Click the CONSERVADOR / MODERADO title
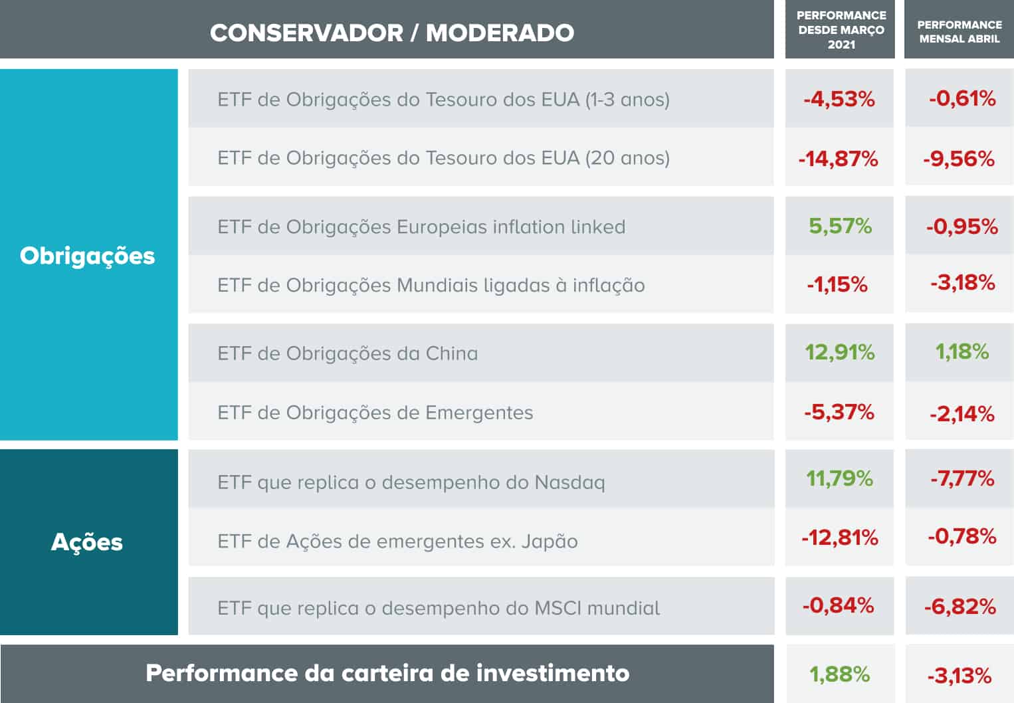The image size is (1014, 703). tap(392, 33)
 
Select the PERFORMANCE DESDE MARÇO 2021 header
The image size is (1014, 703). tap(841, 30)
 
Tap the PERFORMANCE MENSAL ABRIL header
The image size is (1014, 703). tap(959, 32)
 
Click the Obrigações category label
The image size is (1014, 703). tap(87, 256)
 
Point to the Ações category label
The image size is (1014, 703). tap(87, 542)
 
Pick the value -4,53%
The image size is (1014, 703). tap(839, 99)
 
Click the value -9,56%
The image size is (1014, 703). tap(959, 159)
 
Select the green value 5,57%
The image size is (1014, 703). tap(840, 226)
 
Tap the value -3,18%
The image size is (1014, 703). tap(962, 283)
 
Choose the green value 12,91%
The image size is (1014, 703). tap(840, 352)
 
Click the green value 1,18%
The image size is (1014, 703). tap(962, 351)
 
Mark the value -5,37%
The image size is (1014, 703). tap(839, 412)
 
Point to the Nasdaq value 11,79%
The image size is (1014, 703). tap(839, 478)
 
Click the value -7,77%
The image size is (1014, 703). tap(962, 478)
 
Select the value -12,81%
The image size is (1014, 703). tap(839, 537)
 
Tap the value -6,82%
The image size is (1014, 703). tap(960, 607)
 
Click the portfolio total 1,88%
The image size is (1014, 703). tap(839, 674)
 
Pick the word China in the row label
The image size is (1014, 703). tap(451, 353)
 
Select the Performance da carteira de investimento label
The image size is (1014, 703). tap(387, 673)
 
